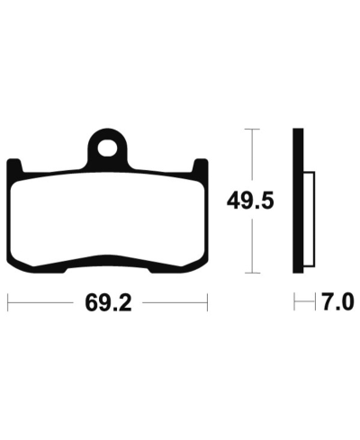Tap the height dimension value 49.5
pos(250,202)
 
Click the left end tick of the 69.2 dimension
pos(9,302)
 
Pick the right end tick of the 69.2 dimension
pos(208,302)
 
